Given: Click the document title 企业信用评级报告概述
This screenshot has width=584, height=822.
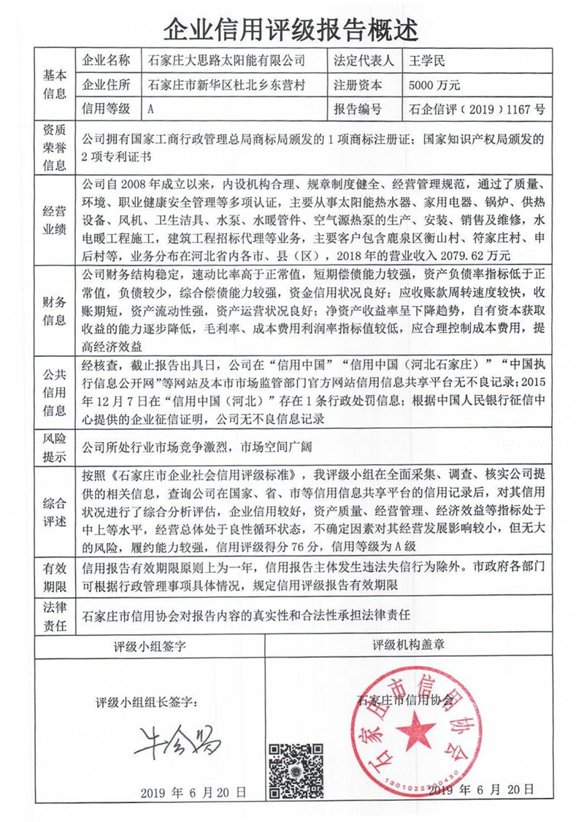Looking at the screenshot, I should click(x=291, y=29).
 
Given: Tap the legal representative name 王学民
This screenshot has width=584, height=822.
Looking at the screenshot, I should click(x=428, y=61).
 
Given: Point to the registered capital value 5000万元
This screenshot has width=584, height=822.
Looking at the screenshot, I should click(x=435, y=85).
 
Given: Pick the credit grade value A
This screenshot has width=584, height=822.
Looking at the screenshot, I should click(x=151, y=110).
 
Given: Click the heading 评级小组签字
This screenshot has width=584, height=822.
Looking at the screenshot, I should click(x=150, y=647).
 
